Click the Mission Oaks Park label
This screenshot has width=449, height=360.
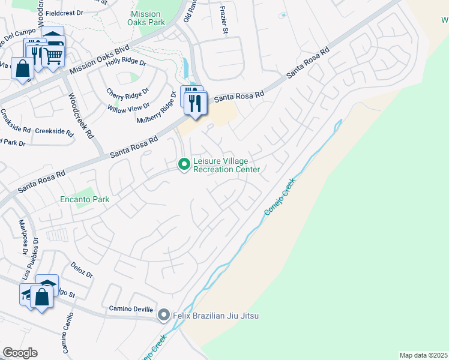pos(146,19)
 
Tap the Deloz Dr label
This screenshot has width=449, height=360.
pos(82,269)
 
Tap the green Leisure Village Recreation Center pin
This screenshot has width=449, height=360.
pos(184,164)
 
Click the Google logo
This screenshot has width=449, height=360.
pos(20,353)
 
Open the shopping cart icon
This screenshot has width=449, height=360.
pos(54,56)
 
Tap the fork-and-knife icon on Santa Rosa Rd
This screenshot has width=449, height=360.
pos(196,103)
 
